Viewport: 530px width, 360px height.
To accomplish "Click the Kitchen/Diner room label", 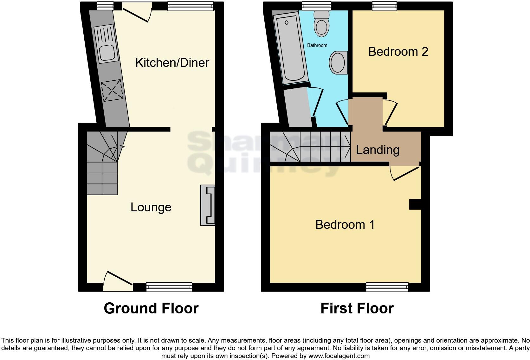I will coord(172,63).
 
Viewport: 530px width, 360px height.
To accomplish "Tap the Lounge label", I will coord(151,207).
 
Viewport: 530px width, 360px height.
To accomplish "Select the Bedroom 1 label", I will coord(345,225).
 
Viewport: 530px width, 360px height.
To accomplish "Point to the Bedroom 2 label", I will coord(398,52).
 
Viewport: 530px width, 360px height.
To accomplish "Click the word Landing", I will coord(378,150).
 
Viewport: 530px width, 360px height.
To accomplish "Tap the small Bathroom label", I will coord(317,45).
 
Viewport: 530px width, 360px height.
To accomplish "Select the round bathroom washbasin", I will coord(338,62).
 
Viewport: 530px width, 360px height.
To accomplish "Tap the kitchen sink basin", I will coord(107,53).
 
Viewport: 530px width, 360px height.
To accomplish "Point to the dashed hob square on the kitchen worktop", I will coord(112,91).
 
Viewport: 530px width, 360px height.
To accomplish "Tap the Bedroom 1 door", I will coord(406,173).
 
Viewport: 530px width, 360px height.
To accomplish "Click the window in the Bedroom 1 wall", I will coord(387,287).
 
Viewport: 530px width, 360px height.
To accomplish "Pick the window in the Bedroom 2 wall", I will coord(384,6).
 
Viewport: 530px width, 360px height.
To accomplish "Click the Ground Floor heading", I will coord(151,308).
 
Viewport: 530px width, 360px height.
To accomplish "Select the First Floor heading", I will coord(357,308).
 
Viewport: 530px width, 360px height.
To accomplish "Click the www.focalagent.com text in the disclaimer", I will coord(339,356).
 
